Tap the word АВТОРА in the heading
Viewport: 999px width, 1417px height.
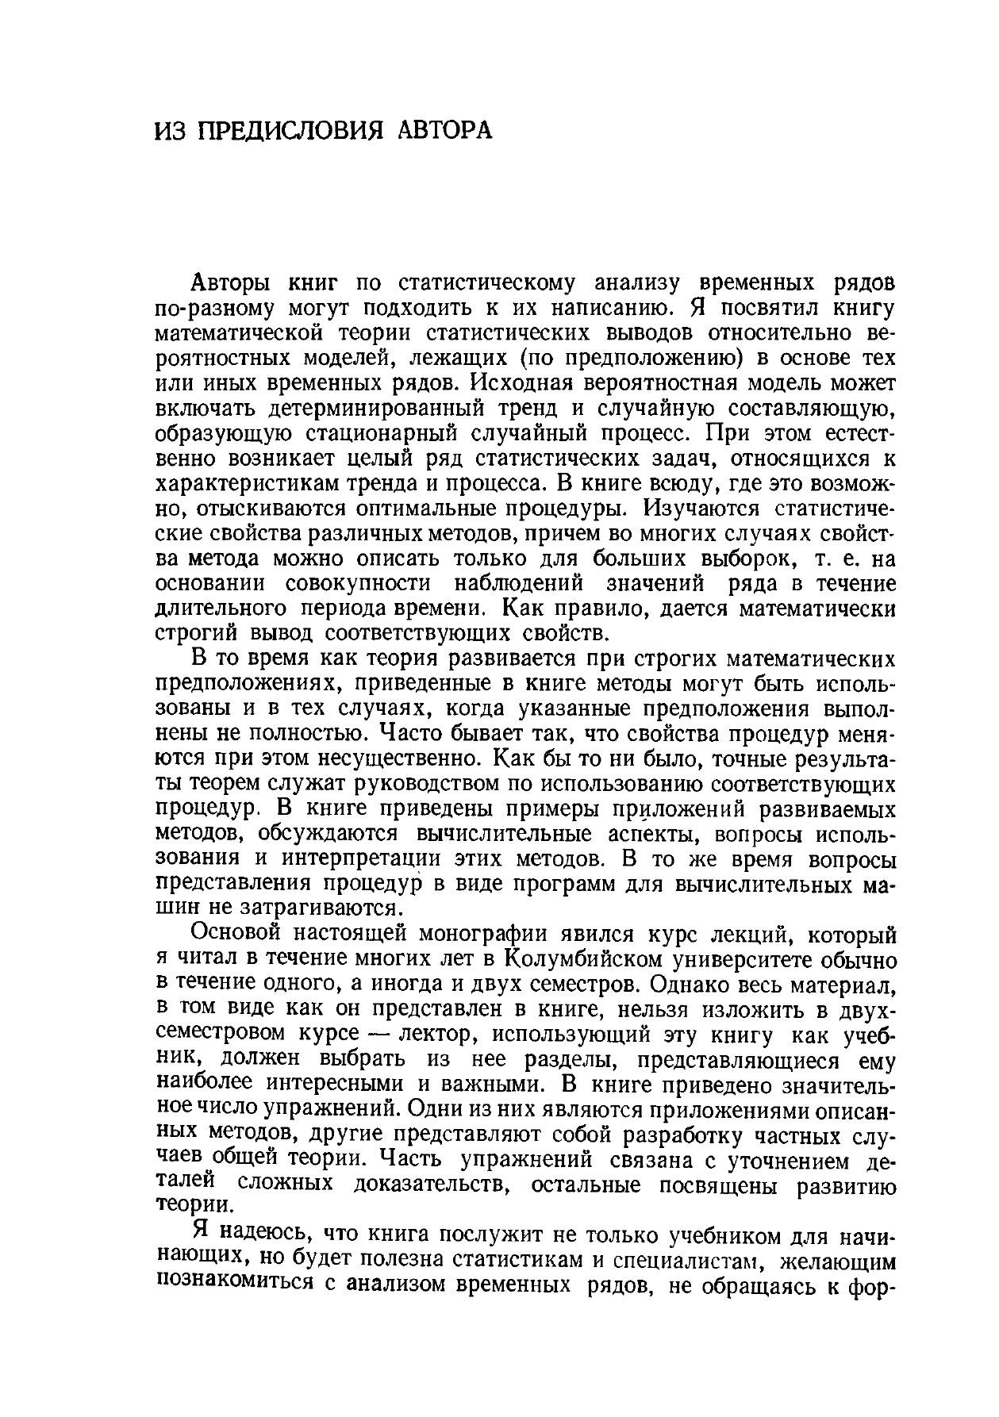[x=444, y=130]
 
